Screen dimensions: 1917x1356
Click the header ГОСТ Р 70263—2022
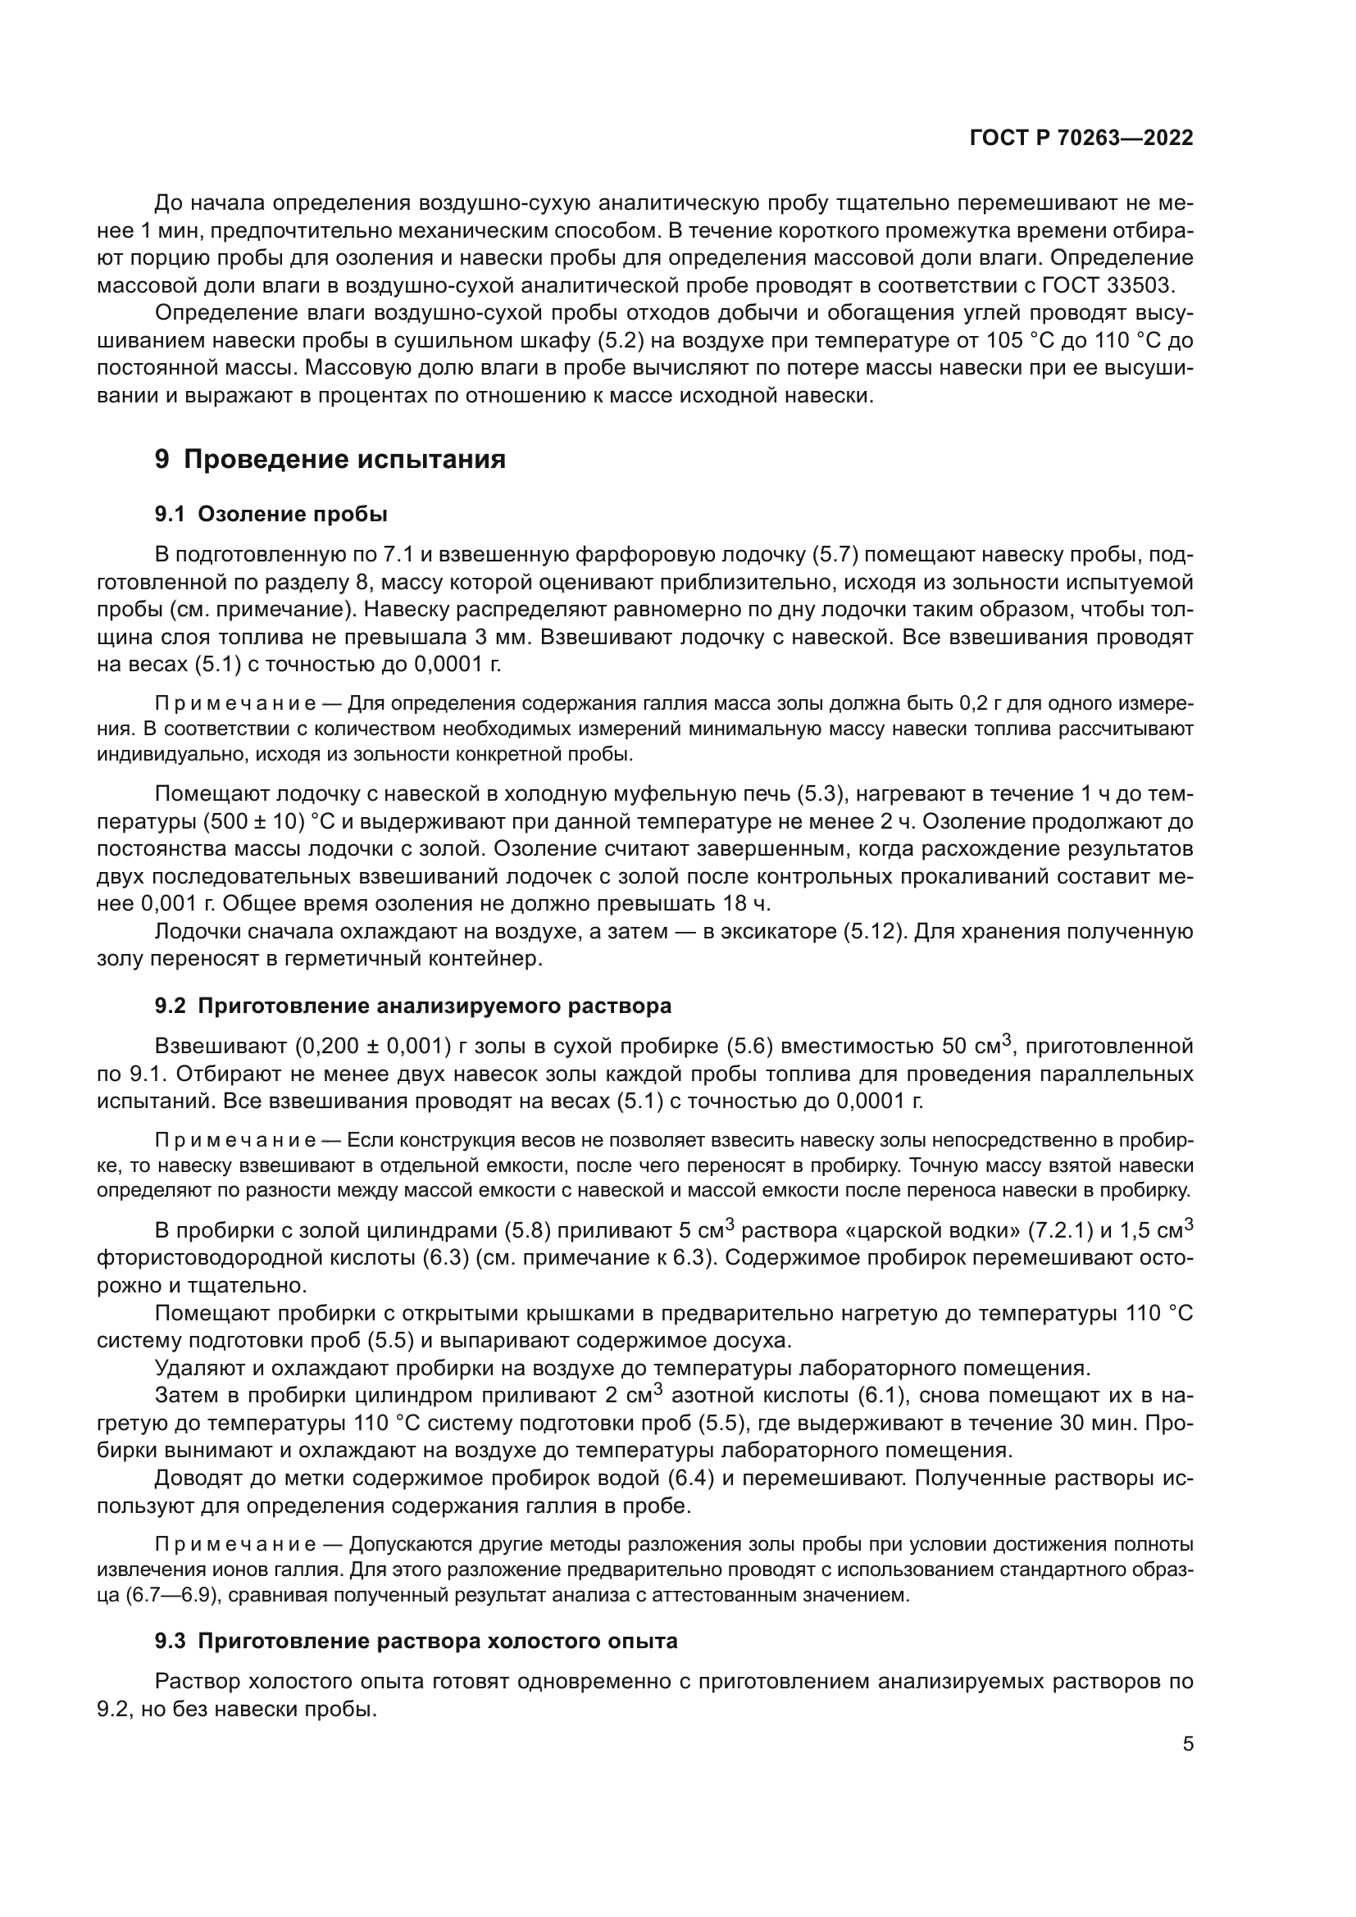[x=1081, y=139]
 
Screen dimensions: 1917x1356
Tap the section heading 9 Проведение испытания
[x=330, y=459]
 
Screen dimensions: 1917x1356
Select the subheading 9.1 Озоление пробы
[x=271, y=515]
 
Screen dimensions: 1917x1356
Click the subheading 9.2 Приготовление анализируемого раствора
[x=413, y=1006]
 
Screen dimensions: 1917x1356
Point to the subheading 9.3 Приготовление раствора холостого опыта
[x=416, y=1641]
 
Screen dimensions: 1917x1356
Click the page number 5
[x=1187, y=1743]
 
